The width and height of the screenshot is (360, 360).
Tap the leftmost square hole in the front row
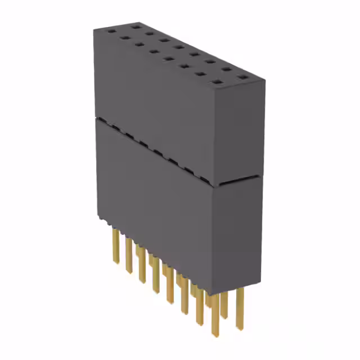tap(111, 33)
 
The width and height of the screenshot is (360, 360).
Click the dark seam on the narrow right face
tap(239, 181)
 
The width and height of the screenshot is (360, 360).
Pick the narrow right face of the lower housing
tap(239, 236)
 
